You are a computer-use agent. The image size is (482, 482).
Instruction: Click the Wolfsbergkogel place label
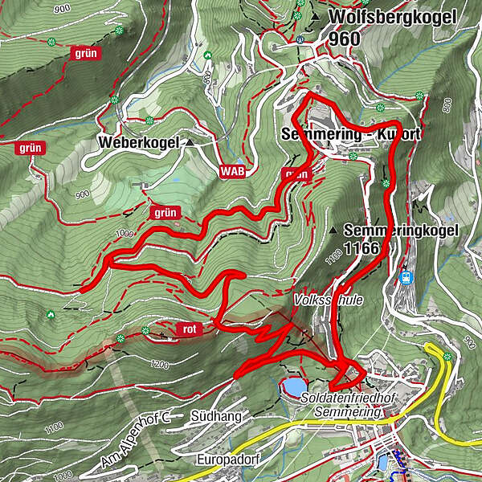392,17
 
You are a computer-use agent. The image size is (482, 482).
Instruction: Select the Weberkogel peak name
137,142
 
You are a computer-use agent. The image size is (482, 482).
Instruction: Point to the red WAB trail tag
232,171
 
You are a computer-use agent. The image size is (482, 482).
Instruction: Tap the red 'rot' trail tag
189,328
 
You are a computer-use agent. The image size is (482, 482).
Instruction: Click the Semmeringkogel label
400,230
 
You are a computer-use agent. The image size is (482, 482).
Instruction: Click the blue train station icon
406,277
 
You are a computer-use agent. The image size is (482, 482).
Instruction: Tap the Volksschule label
328,300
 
